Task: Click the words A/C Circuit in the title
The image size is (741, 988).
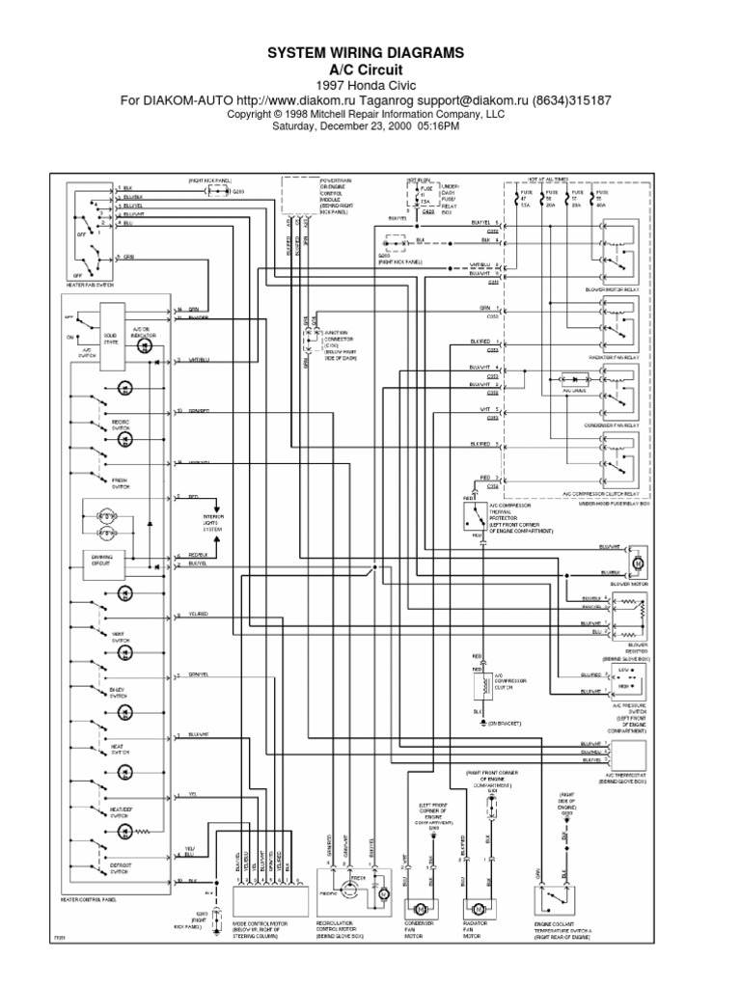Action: point(370,71)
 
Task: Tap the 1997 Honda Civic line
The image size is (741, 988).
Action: point(370,86)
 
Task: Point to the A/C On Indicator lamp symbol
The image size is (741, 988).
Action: point(145,344)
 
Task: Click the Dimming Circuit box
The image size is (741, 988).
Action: point(100,562)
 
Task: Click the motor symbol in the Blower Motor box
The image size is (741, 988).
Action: point(636,563)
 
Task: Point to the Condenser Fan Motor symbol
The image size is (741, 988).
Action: point(421,910)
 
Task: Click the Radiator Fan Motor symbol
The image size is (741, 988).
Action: point(478,910)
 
